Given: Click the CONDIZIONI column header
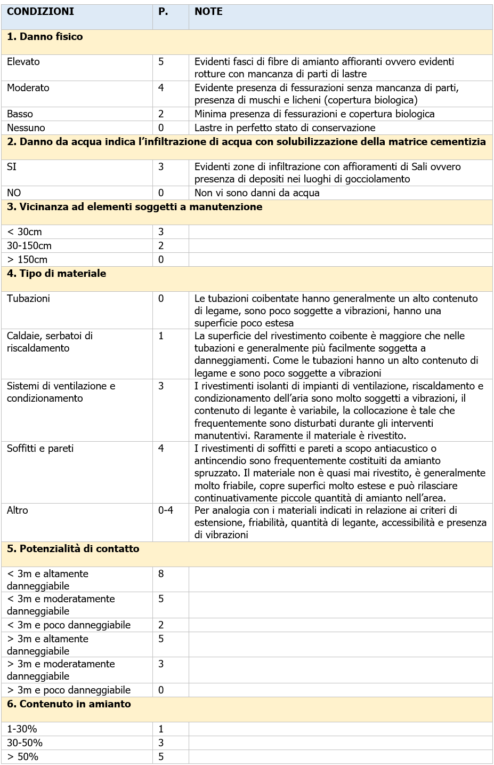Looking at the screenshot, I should tap(41, 12).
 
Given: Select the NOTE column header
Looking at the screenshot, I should tap(208, 12).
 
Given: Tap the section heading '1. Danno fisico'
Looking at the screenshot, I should tap(45, 37).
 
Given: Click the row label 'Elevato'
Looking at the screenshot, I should tap(23, 62).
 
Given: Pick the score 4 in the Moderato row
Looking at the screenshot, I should tap(161, 87).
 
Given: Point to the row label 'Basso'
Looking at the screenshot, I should tap(20, 114).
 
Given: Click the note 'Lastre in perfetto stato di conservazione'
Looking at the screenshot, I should tap(285, 128).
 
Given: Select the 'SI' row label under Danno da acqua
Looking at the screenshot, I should tap(12, 167).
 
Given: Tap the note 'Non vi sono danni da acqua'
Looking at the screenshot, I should tap(257, 193).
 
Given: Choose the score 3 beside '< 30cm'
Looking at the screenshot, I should tap(161, 232).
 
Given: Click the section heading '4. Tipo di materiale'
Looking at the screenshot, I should tap(56, 274).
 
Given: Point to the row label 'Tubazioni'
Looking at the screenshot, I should tap(28, 299).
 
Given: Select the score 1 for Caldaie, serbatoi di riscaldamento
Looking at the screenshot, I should tap(161, 336).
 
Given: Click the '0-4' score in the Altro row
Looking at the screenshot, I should tap(166, 511).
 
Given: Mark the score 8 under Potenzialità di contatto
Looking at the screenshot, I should tap(161, 574).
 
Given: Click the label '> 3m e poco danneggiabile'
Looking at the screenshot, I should tap(69, 690).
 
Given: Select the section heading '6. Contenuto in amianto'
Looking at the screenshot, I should tap(69, 704).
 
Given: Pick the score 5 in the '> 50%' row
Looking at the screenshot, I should tap(161, 757).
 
